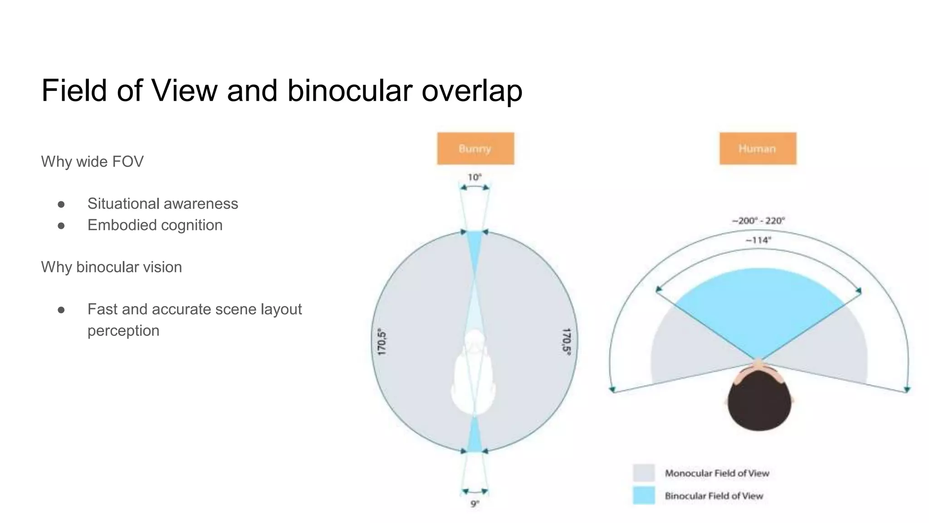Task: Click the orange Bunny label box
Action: pos(475,148)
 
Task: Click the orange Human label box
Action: pos(758,148)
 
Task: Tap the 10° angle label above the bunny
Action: pos(474,177)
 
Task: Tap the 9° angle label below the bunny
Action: pos(474,504)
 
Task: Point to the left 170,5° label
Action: pos(382,342)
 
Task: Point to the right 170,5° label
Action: pos(567,342)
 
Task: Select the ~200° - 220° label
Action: pos(758,221)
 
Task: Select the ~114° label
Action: pos(758,240)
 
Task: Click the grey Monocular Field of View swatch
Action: pos(644,473)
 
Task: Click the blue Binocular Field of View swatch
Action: pos(644,495)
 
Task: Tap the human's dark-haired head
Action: pos(759,402)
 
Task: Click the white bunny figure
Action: pos(474,377)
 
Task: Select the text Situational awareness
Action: pos(162,204)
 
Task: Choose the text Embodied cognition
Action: pos(155,225)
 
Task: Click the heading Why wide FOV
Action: pos(92,162)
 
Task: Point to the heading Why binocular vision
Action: pos(111,267)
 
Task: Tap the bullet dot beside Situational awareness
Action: pos(61,204)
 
